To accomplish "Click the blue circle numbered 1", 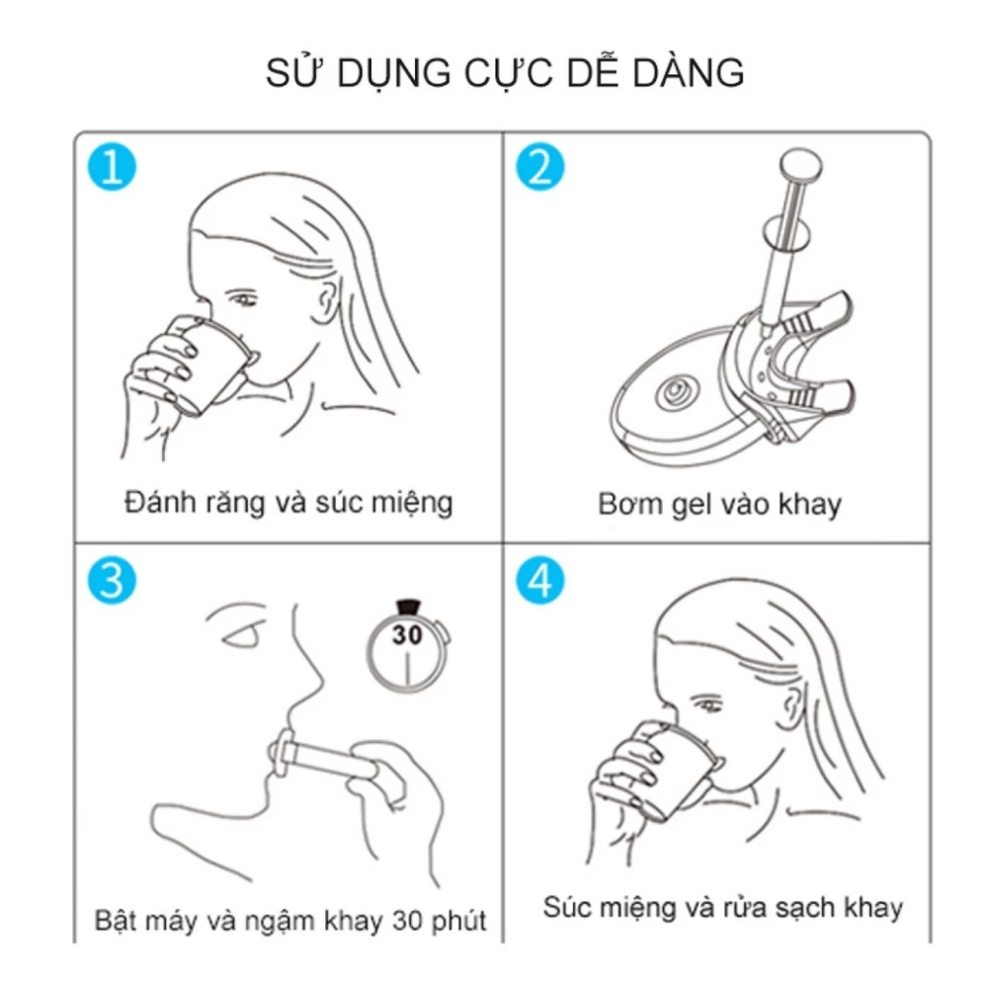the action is tap(112, 167).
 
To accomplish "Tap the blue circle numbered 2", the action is tap(540, 167).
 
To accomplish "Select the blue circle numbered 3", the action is tap(112, 580).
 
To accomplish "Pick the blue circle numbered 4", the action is tap(540, 580).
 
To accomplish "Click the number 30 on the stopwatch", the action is tap(407, 634).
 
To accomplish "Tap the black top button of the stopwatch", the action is tap(408, 607).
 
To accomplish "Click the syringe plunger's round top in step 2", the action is tap(801, 165).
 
